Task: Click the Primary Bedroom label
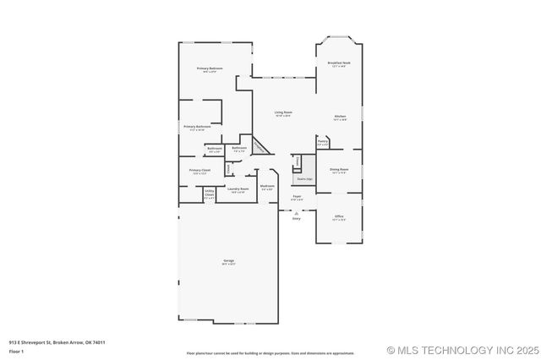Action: point(210,68)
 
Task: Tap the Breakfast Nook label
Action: point(338,64)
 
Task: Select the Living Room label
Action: point(282,112)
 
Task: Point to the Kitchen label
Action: point(340,117)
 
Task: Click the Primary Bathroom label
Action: point(196,128)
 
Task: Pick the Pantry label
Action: point(322,144)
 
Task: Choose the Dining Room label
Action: point(339,170)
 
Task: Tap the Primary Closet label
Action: point(199,172)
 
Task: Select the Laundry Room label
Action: point(239,189)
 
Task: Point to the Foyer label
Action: point(297,197)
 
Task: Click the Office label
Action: point(338,217)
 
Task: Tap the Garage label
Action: point(228,261)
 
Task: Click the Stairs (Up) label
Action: point(304,179)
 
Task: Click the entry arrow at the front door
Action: point(297,212)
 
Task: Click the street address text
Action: point(57,342)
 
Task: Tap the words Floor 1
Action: point(17,351)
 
